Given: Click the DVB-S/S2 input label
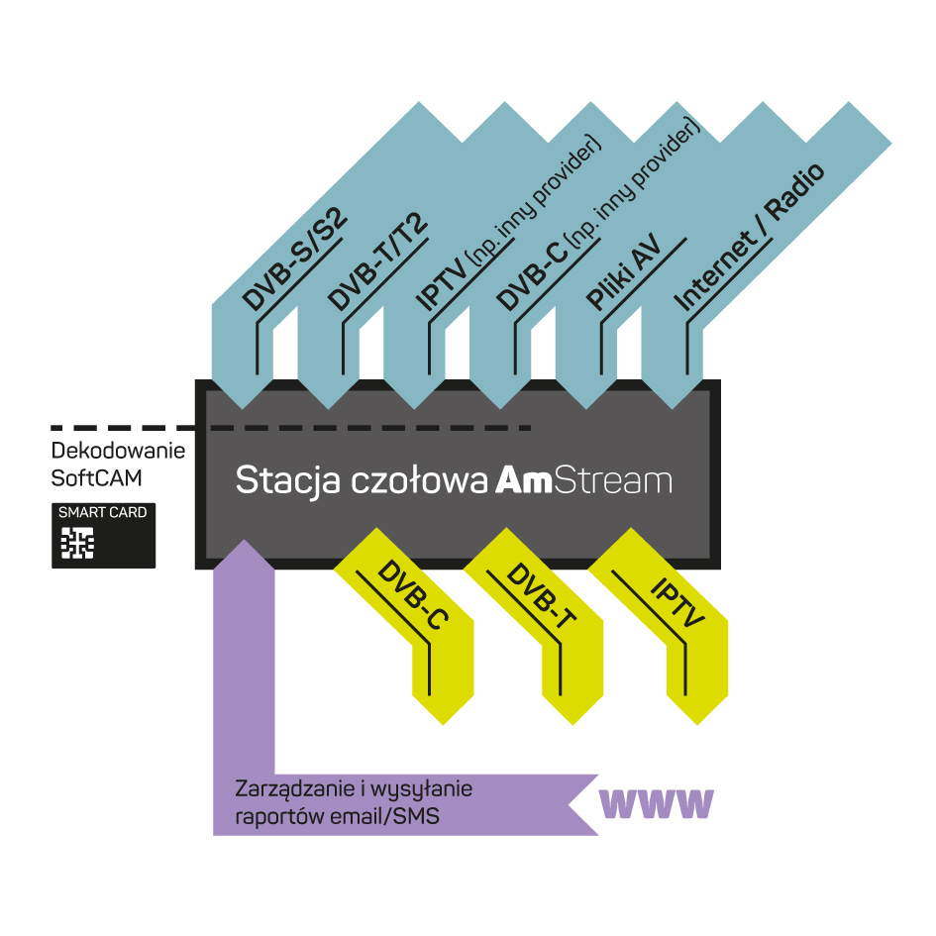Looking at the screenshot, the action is pyautogui.click(x=294, y=260).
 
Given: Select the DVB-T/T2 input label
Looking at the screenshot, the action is pyautogui.click(x=378, y=261).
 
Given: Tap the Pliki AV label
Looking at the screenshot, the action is pyautogui.click(x=624, y=271).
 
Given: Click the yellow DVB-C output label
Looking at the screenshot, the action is pyautogui.click(x=412, y=594).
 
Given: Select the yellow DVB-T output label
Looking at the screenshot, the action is pyautogui.click(x=542, y=595).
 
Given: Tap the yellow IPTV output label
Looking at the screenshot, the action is pyautogui.click(x=677, y=602).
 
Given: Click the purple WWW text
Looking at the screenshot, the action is pyautogui.click(x=656, y=804).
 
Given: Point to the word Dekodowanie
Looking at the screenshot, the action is pyautogui.click(x=118, y=451).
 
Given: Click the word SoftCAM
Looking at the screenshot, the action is pyautogui.click(x=97, y=478).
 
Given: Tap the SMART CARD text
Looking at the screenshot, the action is pyautogui.click(x=103, y=512).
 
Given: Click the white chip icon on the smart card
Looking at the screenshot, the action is pyautogui.click(x=77, y=543).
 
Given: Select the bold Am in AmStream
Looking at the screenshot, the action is pyautogui.click(x=524, y=480).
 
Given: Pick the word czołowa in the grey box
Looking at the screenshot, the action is pyautogui.click(x=419, y=480).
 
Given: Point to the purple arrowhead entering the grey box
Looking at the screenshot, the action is pyautogui.click(x=244, y=555).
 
